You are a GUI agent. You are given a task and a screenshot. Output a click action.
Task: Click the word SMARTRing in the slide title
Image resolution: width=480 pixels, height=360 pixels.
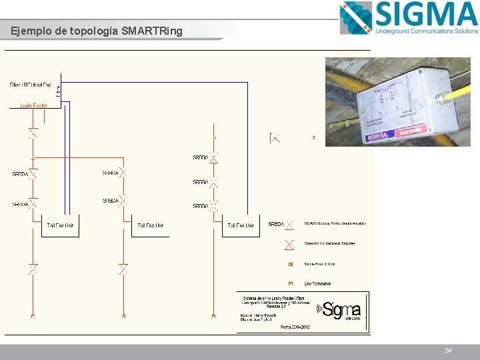click(152, 31)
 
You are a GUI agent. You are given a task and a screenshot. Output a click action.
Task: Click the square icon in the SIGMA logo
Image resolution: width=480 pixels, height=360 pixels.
click(355, 17)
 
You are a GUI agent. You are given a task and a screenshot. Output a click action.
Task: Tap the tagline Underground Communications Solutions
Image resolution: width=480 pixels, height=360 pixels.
click(427, 31)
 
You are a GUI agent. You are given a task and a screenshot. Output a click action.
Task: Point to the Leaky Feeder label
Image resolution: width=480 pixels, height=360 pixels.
click(33, 105)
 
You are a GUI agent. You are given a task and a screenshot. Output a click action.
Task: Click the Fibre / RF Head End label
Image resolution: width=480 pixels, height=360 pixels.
click(31, 85)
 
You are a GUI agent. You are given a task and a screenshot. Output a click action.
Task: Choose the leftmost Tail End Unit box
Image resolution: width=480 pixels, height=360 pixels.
click(60, 226)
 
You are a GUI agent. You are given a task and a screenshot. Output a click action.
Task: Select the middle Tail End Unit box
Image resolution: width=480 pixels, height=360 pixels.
click(151, 226)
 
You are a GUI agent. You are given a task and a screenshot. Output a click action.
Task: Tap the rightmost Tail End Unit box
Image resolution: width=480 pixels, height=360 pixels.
click(240, 226)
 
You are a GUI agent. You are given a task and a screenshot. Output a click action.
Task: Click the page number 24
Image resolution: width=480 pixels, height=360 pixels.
click(448, 350)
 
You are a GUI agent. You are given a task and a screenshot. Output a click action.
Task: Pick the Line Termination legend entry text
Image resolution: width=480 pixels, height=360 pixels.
click(318, 284)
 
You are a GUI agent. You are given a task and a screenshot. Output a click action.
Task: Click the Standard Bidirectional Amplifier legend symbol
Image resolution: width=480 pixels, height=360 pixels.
click(290, 244)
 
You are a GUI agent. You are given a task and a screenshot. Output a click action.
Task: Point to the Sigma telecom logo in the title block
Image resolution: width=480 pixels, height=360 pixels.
click(341, 310)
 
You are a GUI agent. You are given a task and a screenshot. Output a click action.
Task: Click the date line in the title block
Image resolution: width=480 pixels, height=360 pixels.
click(295, 327)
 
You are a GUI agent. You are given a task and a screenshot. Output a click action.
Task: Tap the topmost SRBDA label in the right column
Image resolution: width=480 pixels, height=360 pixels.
click(201, 158)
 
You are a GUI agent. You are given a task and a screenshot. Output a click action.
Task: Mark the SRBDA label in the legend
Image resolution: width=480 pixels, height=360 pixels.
click(276, 224)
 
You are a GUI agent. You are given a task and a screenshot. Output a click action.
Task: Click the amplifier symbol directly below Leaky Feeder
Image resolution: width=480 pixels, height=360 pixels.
click(33, 133)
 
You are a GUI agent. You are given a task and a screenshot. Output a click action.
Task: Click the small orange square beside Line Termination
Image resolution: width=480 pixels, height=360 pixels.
click(291, 284)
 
